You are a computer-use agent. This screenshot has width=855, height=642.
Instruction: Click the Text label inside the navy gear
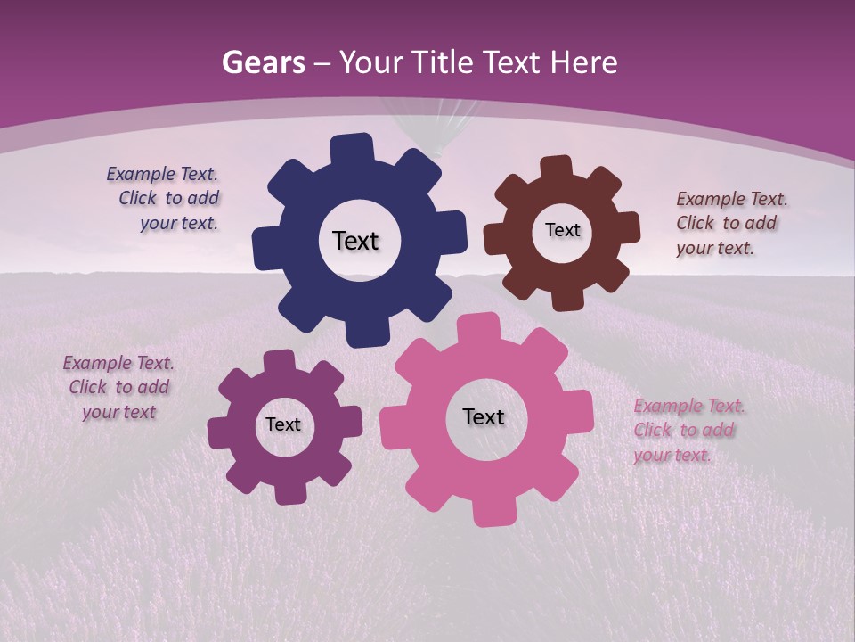click(x=355, y=241)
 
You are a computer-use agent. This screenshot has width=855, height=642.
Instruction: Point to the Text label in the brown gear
click(x=562, y=230)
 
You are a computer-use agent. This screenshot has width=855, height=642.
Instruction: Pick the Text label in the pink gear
click(x=484, y=417)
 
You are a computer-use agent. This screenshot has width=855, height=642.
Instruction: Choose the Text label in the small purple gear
click(x=283, y=425)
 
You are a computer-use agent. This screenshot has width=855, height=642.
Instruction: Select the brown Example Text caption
click(x=730, y=224)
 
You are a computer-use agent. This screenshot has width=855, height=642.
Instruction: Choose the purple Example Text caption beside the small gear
click(x=118, y=388)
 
